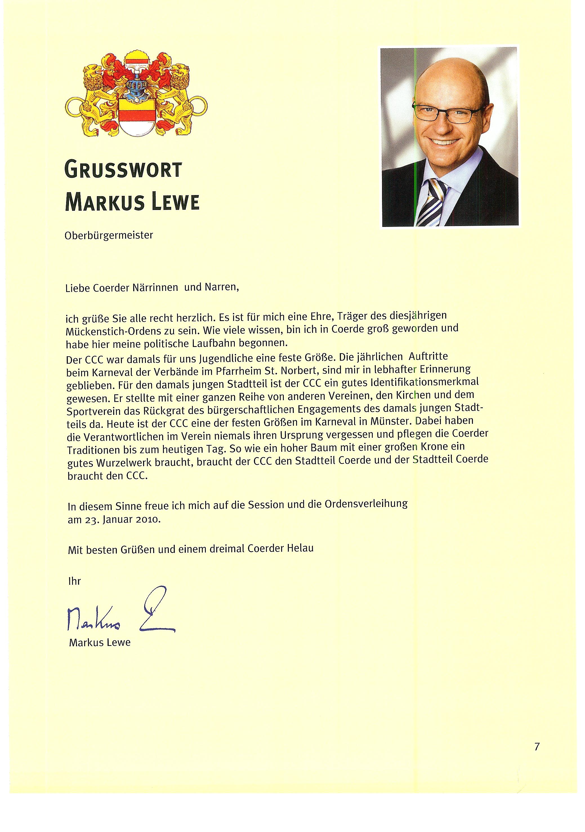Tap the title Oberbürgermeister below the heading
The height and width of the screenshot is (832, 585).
pyautogui.click(x=109, y=236)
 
